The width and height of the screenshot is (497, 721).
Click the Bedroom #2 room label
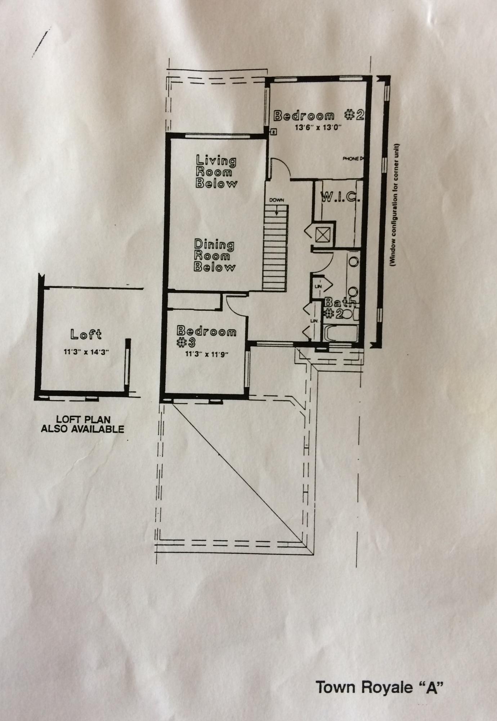click(x=319, y=115)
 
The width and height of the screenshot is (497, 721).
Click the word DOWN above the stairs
click(x=276, y=200)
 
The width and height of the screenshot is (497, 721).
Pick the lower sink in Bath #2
click(x=353, y=291)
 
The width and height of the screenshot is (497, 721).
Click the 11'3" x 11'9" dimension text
click(x=207, y=354)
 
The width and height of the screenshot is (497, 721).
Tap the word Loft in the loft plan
click(x=86, y=334)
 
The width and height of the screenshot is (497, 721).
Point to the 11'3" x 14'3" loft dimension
click(x=86, y=352)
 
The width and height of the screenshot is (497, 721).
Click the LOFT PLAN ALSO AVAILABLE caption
click(x=82, y=424)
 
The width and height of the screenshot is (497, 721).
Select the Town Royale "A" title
click(x=379, y=687)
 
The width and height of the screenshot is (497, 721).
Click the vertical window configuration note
click(x=395, y=205)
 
